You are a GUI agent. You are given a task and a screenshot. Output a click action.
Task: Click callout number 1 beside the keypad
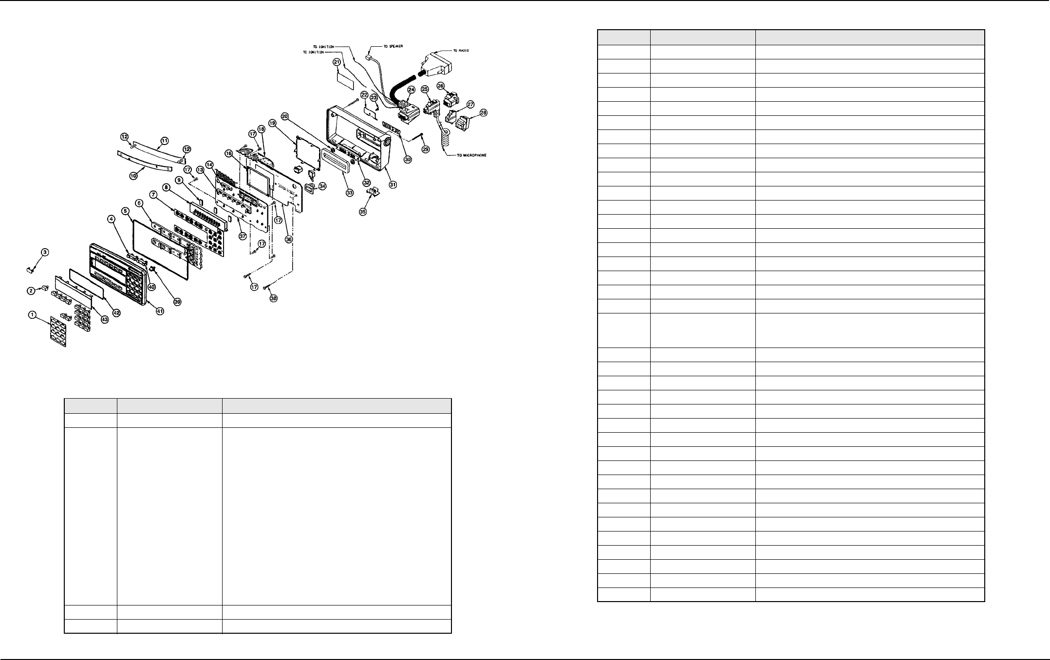click(32, 315)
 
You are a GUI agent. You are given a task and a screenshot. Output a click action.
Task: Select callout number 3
click(45, 252)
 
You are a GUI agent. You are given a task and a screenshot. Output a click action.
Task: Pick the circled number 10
click(133, 175)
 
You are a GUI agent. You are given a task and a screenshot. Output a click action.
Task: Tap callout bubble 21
click(337, 62)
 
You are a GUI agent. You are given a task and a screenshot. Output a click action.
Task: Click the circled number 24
click(411, 90)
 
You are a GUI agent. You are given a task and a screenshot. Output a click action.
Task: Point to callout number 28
click(483, 112)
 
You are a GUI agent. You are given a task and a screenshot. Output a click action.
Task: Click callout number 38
click(274, 298)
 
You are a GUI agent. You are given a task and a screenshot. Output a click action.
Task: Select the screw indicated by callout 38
click(266, 288)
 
